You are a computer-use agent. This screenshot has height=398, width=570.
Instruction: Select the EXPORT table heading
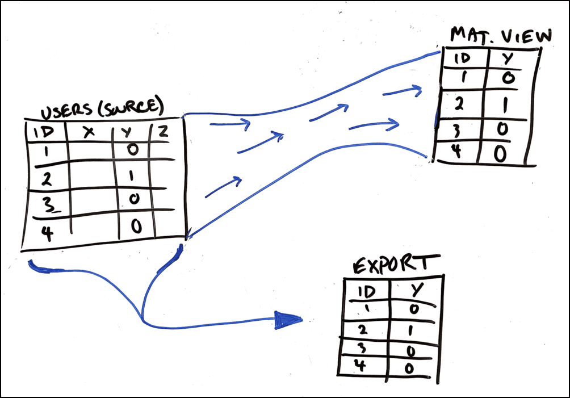396,265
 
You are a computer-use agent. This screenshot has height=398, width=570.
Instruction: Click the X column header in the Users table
88,132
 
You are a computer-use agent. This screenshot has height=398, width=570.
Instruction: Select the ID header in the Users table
44,133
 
